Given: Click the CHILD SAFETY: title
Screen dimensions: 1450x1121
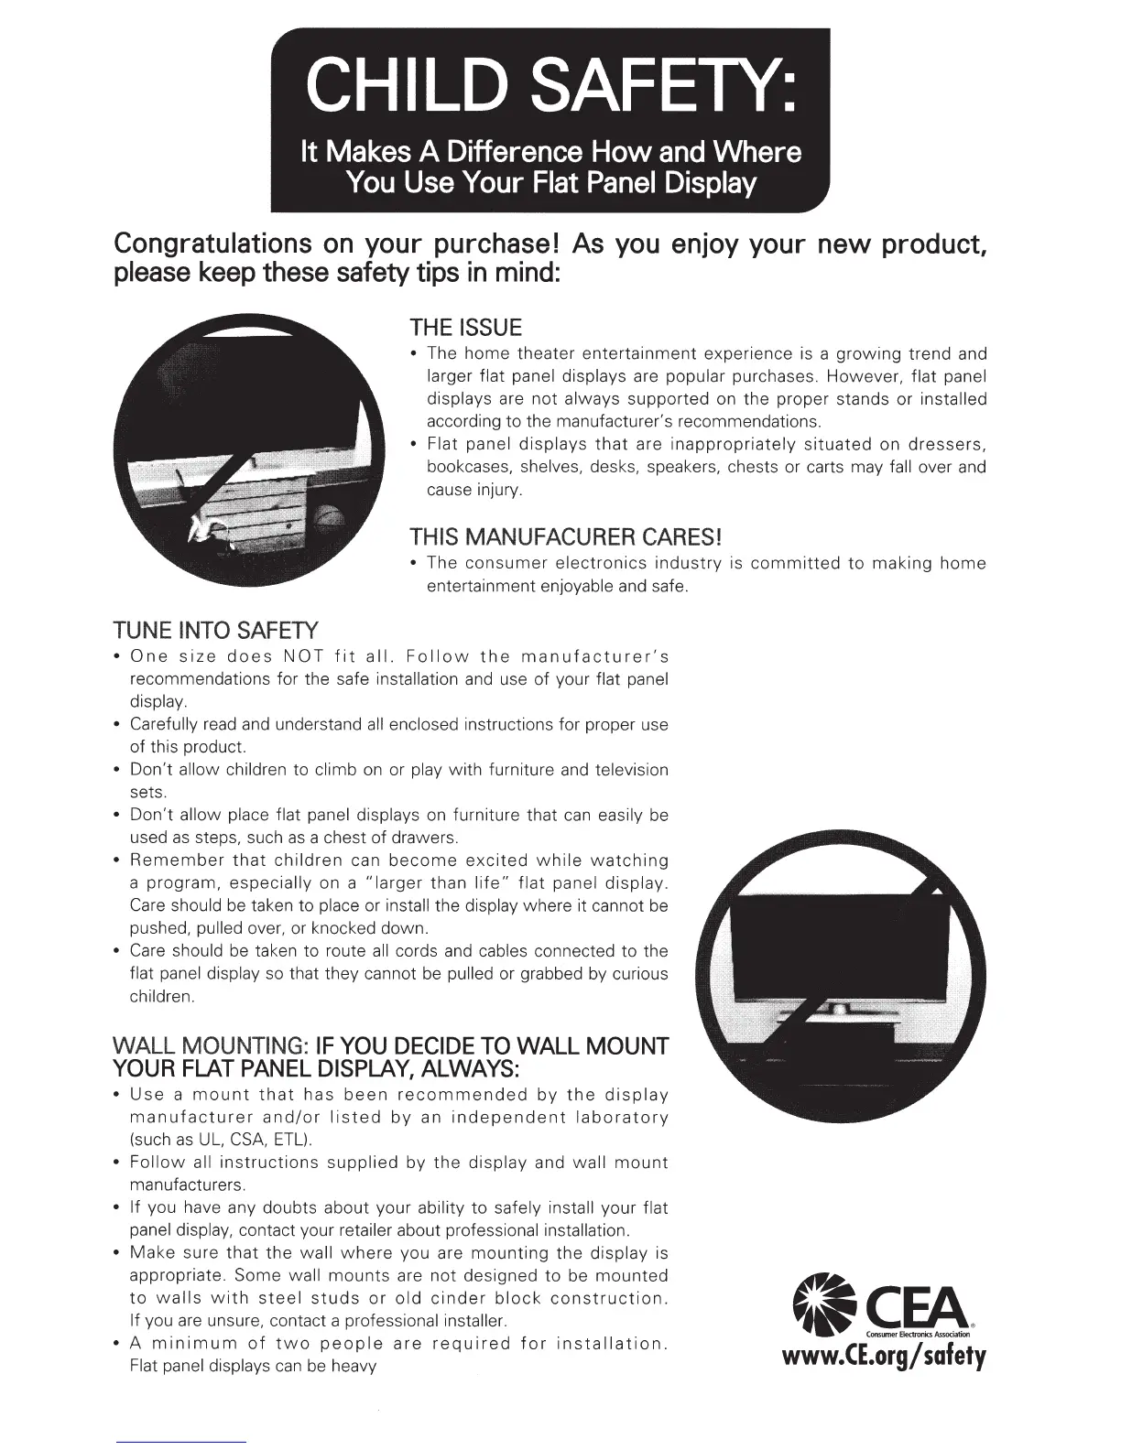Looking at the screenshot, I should [x=550, y=85].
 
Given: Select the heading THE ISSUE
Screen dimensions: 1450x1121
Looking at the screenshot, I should [x=465, y=328].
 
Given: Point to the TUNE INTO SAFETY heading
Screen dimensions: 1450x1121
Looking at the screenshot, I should [x=215, y=630].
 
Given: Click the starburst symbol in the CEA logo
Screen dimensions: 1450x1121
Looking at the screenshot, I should [x=822, y=1300].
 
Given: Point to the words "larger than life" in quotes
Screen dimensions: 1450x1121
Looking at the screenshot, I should [x=438, y=883].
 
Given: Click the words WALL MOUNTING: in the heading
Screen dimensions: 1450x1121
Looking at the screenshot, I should [x=209, y=1046].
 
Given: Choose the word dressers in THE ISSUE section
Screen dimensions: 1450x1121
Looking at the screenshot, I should [x=946, y=445].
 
